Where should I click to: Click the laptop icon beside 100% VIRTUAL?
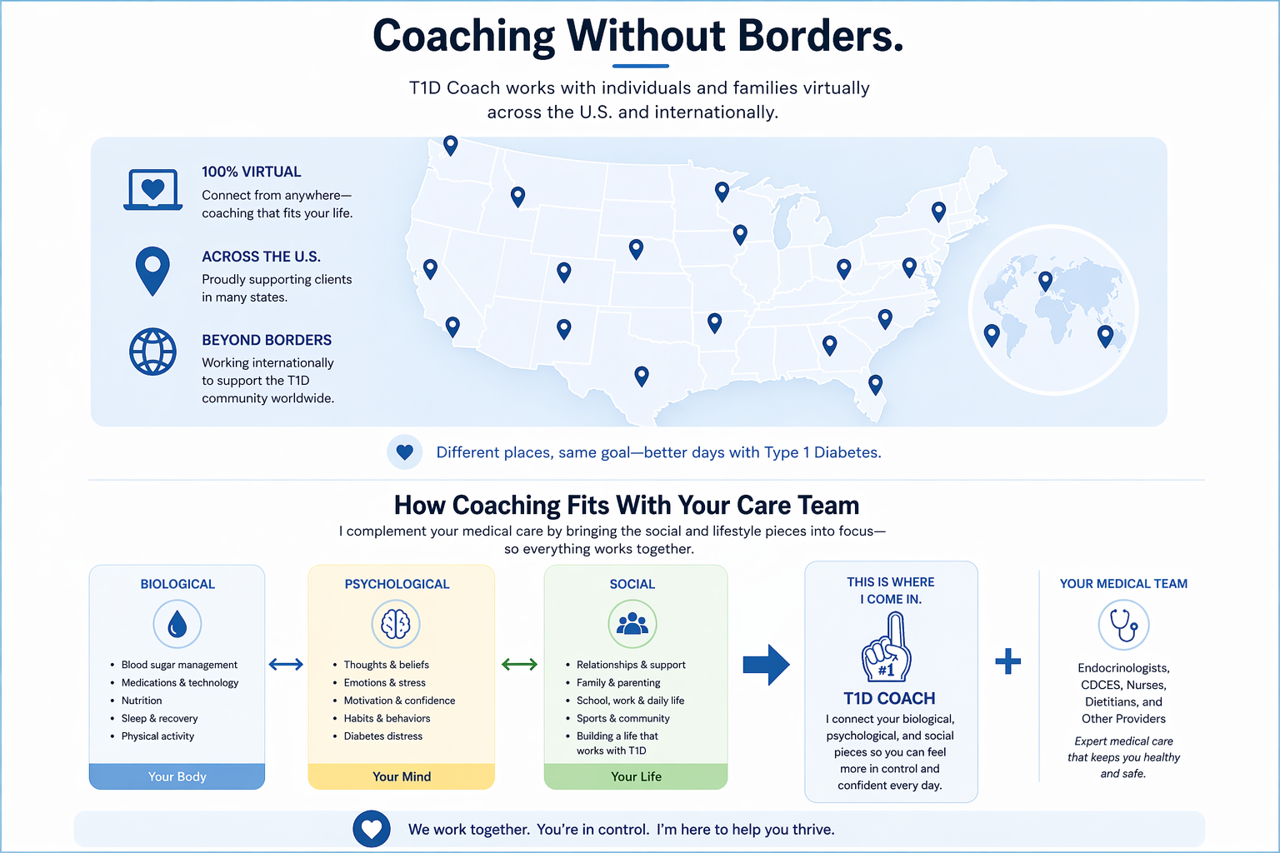pyautogui.click(x=152, y=190)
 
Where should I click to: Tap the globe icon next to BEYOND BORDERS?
pyautogui.click(x=152, y=352)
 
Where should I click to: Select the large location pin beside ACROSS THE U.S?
pyautogui.click(x=152, y=268)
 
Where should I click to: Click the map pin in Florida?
pyautogui.click(x=875, y=384)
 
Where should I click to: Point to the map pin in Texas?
pyautogui.click(x=642, y=376)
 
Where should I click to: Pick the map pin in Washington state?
pyautogui.click(x=450, y=145)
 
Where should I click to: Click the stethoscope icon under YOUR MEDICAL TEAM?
pyautogui.click(x=1123, y=625)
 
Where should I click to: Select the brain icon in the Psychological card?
pyautogui.click(x=396, y=624)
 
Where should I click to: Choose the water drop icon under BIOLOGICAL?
pyautogui.click(x=177, y=624)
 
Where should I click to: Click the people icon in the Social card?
pyautogui.click(x=632, y=624)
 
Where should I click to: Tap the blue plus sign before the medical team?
pyautogui.click(x=1007, y=661)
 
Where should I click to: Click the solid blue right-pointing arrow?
pyautogui.click(x=766, y=664)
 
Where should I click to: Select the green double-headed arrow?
pyautogui.click(x=519, y=664)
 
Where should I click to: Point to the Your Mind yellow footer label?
pyautogui.click(x=402, y=776)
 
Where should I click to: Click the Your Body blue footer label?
pyautogui.click(x=177, y=776)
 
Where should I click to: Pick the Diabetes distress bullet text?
pyautogui.click(x=383, y=736)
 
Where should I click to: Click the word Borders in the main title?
pyautogui.click(x=820, y=37)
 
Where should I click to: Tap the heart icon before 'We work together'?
pyautogui.click(x=372, y=829)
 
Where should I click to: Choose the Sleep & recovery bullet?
pyautogui.click(x=160, y=718)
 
